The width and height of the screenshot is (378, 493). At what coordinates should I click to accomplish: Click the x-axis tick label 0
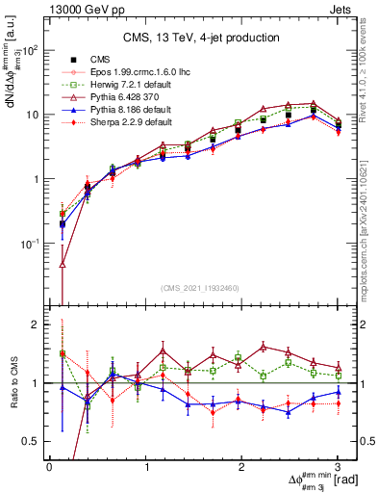[49, 465]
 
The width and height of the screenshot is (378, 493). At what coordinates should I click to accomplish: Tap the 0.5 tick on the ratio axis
[34, 442]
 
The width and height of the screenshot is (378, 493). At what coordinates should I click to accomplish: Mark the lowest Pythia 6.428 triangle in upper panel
[63, 263]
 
